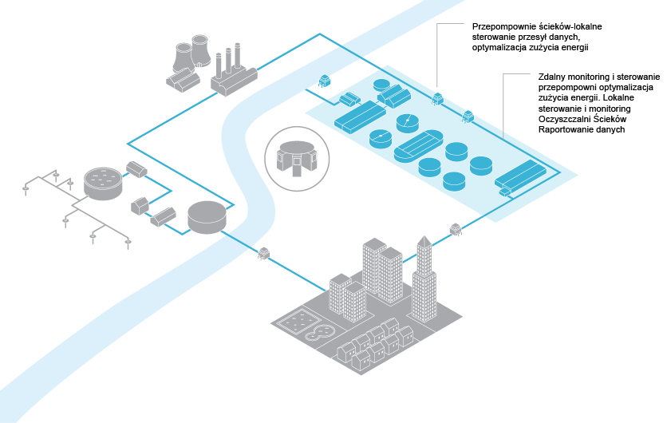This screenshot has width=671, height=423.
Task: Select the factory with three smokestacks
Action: coord(232,73)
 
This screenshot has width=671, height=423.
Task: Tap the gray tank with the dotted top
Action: coord(103,183)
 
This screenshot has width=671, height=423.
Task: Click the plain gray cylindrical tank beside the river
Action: coord(207,217)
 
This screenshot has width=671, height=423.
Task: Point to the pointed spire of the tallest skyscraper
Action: coord(424,243)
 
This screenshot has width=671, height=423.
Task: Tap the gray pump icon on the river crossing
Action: coord(263,255)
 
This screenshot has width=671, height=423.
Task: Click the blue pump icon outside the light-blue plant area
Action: coord(324,81)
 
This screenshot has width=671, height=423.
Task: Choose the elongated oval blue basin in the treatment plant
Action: coord(418,147)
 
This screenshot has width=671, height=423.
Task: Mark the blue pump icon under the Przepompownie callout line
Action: coord(437,99)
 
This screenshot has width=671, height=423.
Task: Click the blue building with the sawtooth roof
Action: coord(393,95)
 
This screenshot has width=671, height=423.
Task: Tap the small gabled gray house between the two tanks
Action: coord(141,205)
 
